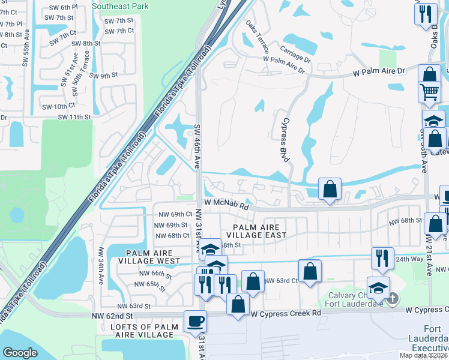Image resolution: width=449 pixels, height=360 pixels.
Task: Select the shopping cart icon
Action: point(429,92)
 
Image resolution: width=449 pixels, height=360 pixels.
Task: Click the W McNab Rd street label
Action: point(226,206)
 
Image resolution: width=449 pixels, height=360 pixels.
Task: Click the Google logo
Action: point(20,353)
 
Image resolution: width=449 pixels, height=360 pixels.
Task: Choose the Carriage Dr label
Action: point(295,50)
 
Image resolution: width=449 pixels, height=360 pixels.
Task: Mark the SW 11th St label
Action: point(74,117)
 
